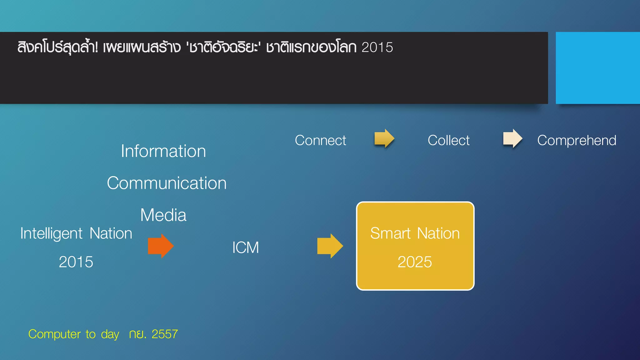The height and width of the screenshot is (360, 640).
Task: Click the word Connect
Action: click(320, 140)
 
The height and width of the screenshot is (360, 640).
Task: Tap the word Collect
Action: click(448, 140)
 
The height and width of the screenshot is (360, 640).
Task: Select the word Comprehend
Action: click(577, 140)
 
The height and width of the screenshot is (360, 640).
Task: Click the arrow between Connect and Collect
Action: click(384, 138)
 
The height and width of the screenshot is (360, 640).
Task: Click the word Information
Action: click(163, 151)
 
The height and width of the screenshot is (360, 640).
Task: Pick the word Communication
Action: click(167, 183)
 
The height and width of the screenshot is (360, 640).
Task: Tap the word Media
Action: click(163, 215)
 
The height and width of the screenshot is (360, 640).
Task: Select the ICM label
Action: click(246, 247)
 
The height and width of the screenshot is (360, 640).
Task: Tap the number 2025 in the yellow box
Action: click(415, 262)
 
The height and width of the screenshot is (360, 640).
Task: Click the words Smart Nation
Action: click(415, 233)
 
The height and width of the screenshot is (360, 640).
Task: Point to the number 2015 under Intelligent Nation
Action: click(76, 262)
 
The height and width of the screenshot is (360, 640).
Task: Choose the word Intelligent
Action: click(52, 233)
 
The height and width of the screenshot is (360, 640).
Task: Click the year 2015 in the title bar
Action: click(377, 47)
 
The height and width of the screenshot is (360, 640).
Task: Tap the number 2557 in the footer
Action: click(165, 334)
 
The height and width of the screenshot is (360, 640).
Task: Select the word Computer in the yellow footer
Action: click(55, 334)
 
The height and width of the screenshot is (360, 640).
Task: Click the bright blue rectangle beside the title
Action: click(597, 68)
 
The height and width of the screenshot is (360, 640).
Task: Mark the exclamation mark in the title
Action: click(96, 47)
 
